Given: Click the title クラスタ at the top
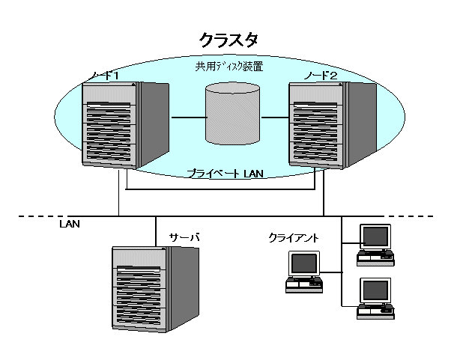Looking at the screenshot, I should coord(229,39).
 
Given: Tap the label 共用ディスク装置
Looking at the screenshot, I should coord(229,67).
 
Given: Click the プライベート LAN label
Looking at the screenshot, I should coord(224,174).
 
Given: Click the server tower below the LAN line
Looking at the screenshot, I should coord(156,288).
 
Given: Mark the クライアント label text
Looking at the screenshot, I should coord(294,238).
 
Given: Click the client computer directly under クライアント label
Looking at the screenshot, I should coord(304,272).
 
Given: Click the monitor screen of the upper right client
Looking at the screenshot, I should coord(375,237).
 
